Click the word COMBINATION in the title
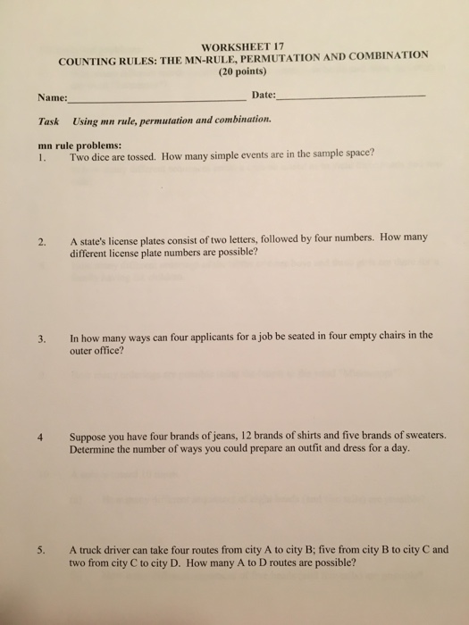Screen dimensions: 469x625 coord(384,54)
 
